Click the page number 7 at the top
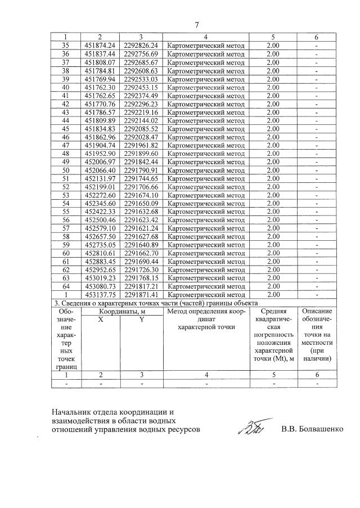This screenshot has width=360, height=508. (197, 25)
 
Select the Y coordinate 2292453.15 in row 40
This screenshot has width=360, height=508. (142, 87)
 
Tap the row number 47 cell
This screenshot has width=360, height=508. (65, 145)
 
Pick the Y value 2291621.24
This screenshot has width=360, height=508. (142, 228)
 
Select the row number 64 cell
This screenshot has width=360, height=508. (65, 286)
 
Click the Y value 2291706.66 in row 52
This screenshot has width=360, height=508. (142, 186)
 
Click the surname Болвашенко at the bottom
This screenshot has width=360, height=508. (315, 430)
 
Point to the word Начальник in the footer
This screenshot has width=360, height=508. (70, 412)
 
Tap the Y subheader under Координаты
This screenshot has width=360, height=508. (142, 319)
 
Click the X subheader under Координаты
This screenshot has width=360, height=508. (101, 319)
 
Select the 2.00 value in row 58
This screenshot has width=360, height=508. (273, 236)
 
